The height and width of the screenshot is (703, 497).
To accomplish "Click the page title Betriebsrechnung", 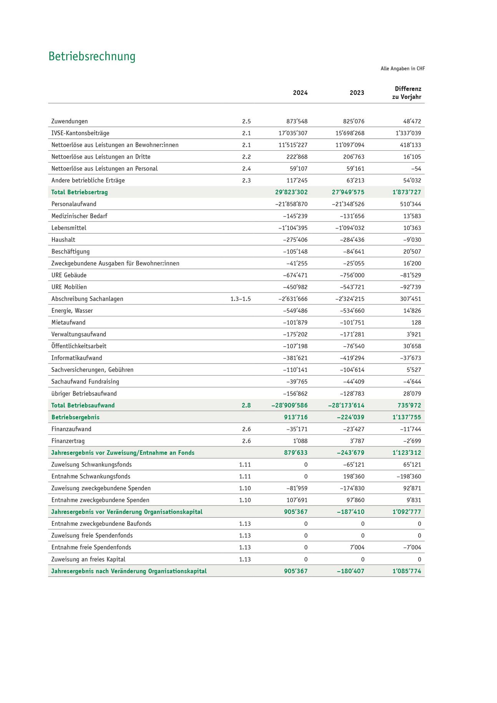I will tap(92, 57).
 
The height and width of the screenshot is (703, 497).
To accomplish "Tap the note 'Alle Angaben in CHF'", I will tap(402, 69).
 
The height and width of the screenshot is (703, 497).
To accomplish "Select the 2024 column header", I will tap(300, 93).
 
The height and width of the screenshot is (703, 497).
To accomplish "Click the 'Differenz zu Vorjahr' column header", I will tap(407, 93).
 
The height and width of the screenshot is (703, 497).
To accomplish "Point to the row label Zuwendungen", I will tap(70, 121).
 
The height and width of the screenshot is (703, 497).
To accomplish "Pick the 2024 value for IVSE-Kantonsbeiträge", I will tap(293, 133).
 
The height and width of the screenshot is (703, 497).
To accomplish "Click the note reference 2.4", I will tap(246, 169).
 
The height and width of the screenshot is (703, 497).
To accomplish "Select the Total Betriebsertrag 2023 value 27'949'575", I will tap(348, 192).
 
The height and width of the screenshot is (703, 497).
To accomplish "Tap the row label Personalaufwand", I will tap(74, 204).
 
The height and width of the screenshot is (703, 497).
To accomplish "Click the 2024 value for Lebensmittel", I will tap(293, 228).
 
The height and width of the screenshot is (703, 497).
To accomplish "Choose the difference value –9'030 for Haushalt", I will tap(412, 240).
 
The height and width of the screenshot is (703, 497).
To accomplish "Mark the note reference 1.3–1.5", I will tap(241, 299).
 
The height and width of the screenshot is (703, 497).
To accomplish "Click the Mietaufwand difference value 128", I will tap(416, 322).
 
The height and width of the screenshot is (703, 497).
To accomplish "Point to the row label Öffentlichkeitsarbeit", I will tap(79, 346).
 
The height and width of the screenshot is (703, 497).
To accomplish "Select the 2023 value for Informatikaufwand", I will tap(352, 358).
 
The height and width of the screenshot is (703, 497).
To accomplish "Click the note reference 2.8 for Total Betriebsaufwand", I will tap(246, 406).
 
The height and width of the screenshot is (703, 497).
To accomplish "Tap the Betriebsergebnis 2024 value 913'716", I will tap(296, 417).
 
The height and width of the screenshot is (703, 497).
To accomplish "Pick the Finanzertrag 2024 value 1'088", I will tap(300, 441).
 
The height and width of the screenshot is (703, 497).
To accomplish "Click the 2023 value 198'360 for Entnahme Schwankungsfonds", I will tap(354, 477).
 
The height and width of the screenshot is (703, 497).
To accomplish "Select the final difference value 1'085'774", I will tap(407, 571).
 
